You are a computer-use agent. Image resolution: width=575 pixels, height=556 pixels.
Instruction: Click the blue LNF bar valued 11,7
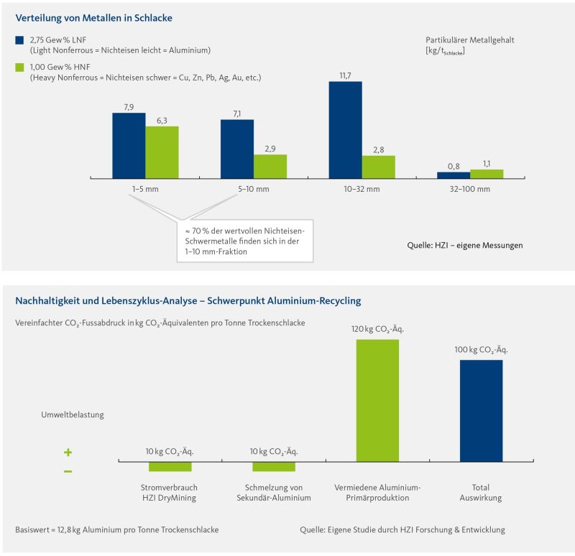pos(345,129)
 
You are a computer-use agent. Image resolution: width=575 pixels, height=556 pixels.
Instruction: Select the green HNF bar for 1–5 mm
pos(162,152)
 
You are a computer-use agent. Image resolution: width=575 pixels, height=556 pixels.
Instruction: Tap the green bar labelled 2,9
pos(270,166)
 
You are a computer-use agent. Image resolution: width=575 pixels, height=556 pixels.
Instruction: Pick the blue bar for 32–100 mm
pos(454,175)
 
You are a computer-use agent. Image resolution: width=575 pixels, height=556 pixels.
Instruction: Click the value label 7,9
pos(129,107)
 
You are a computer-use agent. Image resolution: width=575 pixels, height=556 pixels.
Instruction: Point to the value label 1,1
pos(487,164)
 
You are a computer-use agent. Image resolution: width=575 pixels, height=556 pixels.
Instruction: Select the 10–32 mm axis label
pos(362,189)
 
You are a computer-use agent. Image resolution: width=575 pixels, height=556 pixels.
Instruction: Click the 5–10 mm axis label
pos(253,189)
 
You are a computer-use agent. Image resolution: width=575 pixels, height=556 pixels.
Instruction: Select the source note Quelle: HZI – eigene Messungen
pos(464,245)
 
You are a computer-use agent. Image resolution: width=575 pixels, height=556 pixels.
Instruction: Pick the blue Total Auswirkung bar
pos(482,410)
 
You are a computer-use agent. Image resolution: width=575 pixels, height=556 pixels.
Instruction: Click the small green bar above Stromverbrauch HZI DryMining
pos(170,466)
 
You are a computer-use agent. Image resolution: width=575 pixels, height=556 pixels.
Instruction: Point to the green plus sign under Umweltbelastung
pos(68,453)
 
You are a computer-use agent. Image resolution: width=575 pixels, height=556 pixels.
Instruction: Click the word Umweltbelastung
pos(73,414)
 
